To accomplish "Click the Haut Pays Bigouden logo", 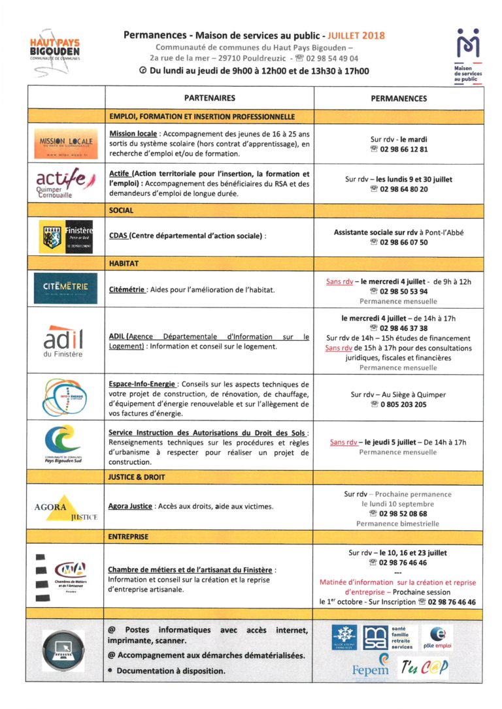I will (54, 48).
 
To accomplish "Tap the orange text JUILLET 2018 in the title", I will (356, 35).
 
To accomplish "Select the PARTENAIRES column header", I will (209, 98).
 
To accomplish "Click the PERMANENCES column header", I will (399, 99).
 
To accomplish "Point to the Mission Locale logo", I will (65, 143).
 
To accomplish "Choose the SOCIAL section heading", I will (121, 210).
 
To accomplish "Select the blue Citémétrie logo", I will (65, 287).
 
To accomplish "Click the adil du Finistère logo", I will (63, 341).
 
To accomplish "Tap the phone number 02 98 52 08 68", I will (399, 514).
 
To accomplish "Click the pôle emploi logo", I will (437, 637).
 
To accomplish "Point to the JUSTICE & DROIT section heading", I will (137, 477).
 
